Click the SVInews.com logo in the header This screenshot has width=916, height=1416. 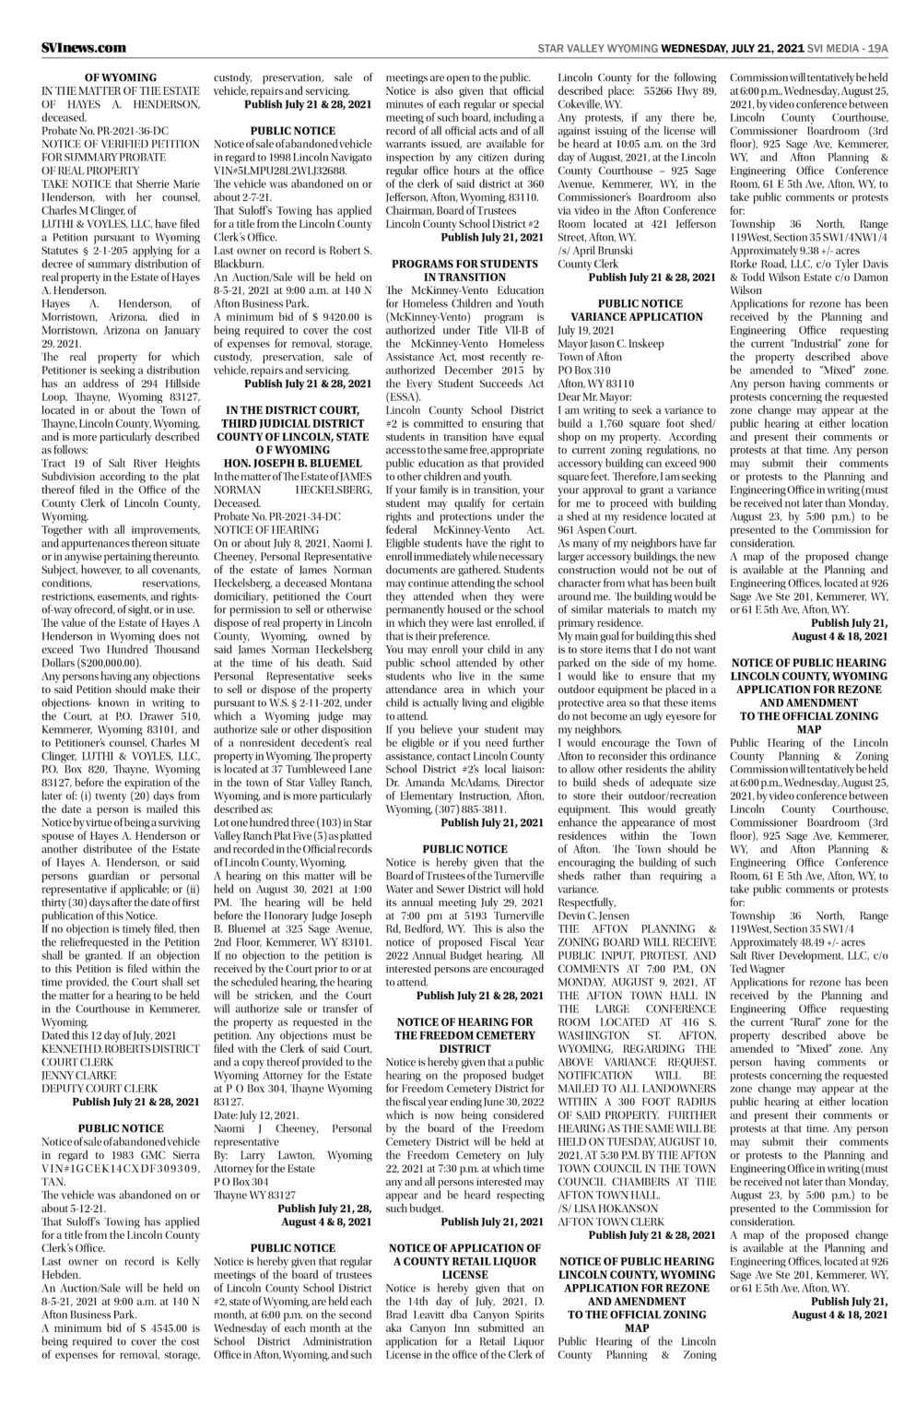[84, 48]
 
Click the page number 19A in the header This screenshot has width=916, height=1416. [877, 48]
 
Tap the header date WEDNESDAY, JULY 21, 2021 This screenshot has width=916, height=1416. [730, 48]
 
